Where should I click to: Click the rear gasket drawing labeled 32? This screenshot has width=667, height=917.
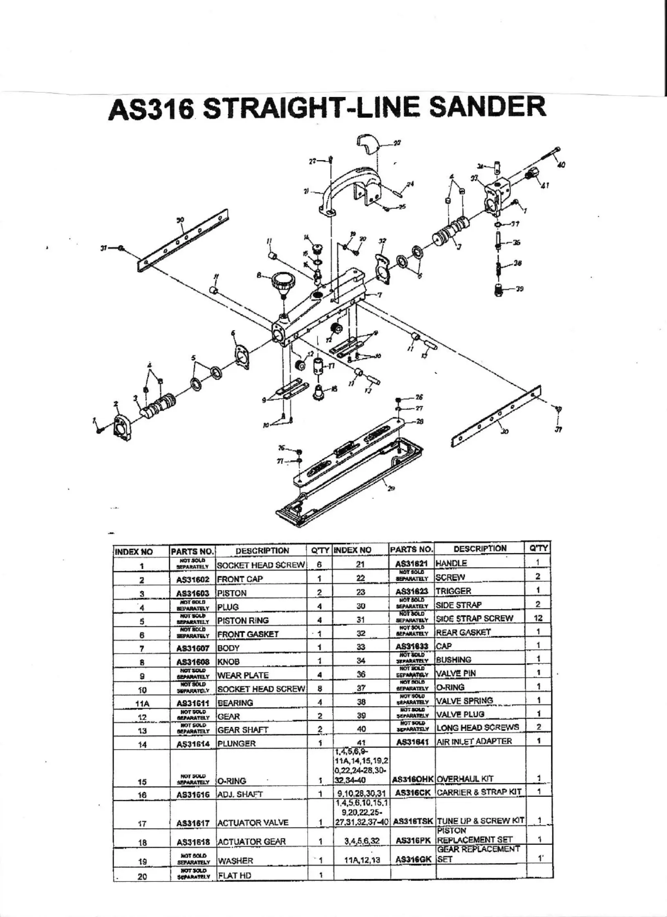383,267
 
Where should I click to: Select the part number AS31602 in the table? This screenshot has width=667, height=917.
193,579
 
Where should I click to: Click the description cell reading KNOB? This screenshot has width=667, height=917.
228,662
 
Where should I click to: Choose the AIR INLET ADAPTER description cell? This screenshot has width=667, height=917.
474,741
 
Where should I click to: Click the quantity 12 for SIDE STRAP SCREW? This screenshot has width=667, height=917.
538,618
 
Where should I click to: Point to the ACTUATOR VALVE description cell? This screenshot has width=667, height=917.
253,823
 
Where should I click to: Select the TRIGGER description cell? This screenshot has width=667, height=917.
453,591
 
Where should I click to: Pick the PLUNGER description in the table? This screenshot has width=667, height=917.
236,743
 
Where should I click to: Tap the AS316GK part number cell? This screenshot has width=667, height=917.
413,859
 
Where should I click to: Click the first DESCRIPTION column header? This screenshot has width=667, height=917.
262,551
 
